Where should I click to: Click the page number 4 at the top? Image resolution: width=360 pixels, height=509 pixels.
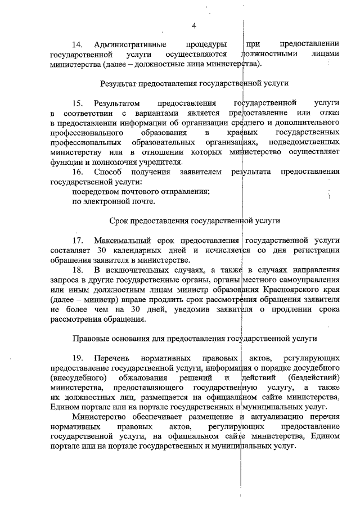(194, 26)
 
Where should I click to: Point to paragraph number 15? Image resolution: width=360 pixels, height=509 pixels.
(78, 103)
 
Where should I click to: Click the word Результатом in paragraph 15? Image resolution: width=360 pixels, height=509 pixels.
(116, 103)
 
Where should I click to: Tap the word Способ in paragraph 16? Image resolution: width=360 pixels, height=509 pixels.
(107, 172)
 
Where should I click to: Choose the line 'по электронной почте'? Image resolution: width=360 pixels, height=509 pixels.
(113, 201)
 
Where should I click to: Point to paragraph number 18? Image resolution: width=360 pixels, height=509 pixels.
(78, 269)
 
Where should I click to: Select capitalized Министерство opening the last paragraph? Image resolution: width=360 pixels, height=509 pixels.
(102, 417)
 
